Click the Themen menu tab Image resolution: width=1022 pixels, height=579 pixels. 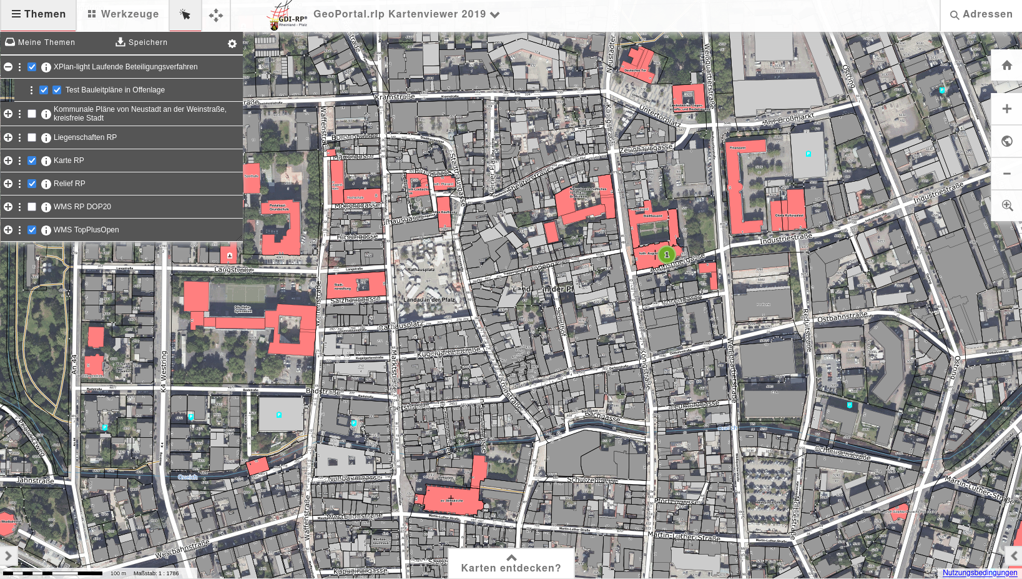[38, 14]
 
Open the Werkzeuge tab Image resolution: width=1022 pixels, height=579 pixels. [123, 14]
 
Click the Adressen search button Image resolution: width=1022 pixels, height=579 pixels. [981, 14]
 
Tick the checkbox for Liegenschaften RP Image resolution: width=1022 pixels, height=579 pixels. [32, 137]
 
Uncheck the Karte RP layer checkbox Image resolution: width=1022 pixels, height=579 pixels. [32, 161]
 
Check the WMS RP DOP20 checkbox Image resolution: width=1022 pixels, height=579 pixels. [32, 207]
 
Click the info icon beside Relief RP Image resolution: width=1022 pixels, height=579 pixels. [46, 184]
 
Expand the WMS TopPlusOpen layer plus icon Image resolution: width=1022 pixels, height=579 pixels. [8, 230]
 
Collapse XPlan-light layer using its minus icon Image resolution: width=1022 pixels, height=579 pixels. [8, 67]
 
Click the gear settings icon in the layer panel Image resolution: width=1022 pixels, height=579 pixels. [232, 44]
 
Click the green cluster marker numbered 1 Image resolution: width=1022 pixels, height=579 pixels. [667, 255]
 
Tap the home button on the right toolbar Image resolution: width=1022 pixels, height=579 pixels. [1006, 65]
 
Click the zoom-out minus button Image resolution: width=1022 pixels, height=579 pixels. [1006, 174]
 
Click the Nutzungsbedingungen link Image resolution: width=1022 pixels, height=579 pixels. [980, 573]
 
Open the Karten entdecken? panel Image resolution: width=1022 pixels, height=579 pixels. [511, 563]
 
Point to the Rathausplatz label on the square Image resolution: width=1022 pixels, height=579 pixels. [421, 270]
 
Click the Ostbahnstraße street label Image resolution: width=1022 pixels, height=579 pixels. [842, 317]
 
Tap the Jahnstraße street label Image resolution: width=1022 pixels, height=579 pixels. [35, 480]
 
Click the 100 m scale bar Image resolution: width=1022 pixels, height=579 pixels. [52, 573]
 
